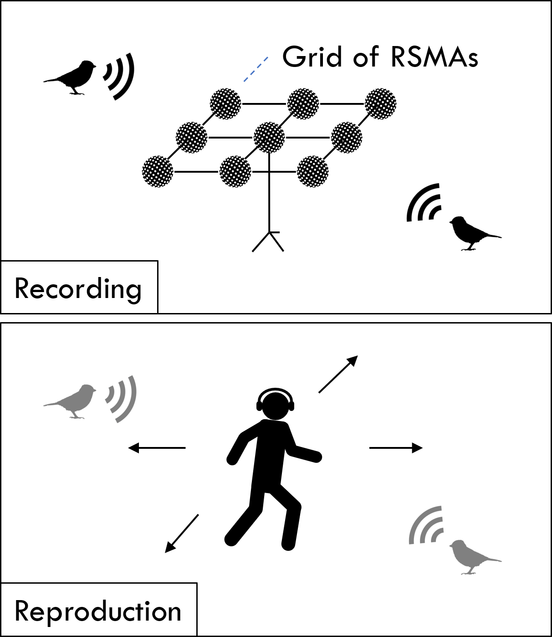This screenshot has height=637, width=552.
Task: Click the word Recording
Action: click(x=78, y=289)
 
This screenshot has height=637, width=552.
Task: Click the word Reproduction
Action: click(x=98, y=611)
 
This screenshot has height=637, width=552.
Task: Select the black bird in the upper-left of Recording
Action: click(x=73, y=76)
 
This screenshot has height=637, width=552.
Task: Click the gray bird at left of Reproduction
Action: click(x=73, y=400)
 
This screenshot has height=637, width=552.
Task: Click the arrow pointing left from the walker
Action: click(x=157, y=448)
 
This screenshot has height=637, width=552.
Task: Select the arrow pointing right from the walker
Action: click(x=396, y=448)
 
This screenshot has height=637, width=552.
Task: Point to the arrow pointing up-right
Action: click(x=338, y=374)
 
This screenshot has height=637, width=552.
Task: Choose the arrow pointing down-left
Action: click(x=182, y=533)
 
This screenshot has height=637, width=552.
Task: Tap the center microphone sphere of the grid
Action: click(x=269, y=137)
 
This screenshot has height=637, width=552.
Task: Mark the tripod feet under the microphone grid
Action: click(x=269, y=241)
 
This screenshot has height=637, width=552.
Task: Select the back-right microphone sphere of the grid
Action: click(x=380, y=103)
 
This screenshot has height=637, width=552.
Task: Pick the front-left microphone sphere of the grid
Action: click(x=158, y=171)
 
